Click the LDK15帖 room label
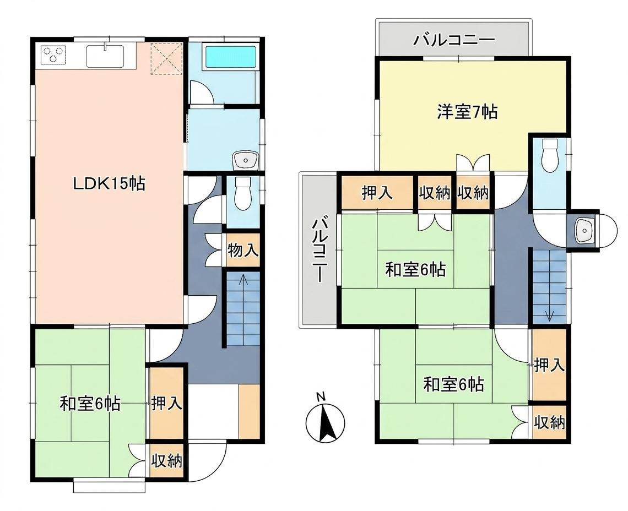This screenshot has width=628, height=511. (109, 183)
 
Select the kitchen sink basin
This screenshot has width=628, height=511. (105, 56)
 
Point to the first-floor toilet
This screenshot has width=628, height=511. (242, 193)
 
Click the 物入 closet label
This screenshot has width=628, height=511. (243, 251)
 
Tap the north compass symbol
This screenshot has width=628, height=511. (325, 423)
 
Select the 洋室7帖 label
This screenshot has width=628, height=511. (467, 112)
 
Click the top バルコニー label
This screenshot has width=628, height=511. (454, 40)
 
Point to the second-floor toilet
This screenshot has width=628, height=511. (550, 155)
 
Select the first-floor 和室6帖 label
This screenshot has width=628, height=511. (90, 404)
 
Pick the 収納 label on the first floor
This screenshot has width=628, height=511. (166, 461)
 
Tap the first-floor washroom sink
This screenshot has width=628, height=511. (246, 160)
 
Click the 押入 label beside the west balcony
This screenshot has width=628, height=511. (377, 193)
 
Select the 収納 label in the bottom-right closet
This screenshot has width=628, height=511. (550, 422)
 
